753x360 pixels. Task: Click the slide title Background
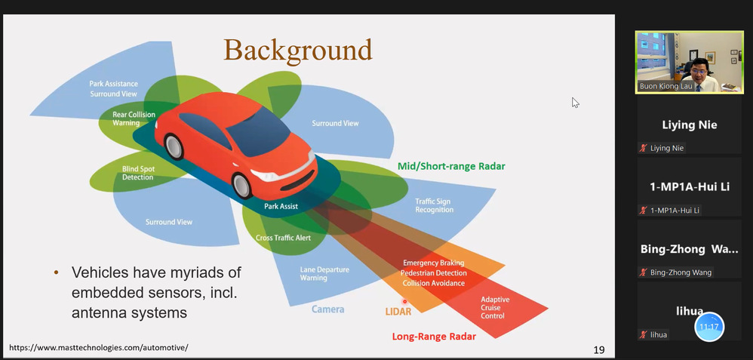pos(298,50)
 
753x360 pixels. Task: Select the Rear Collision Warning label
pos(134,118)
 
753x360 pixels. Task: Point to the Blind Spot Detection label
pos(138,173)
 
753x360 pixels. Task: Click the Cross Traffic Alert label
pos(283,238)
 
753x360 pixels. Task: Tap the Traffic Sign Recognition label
pos(434,205)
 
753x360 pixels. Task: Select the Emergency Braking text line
pos(434,263)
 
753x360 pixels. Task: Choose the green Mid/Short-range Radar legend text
pos(451,166)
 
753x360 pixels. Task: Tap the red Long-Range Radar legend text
pos(434,337)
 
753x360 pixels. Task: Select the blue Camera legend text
pos(327,309)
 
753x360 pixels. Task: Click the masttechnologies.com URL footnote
pos(98,348)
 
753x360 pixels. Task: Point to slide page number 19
pos(598,349)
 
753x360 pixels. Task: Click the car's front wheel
pos(241,184)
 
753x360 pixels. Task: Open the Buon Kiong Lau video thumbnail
pos(689,62)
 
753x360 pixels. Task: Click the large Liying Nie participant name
pos(689,125)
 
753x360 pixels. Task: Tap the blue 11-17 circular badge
pos(708,327)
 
